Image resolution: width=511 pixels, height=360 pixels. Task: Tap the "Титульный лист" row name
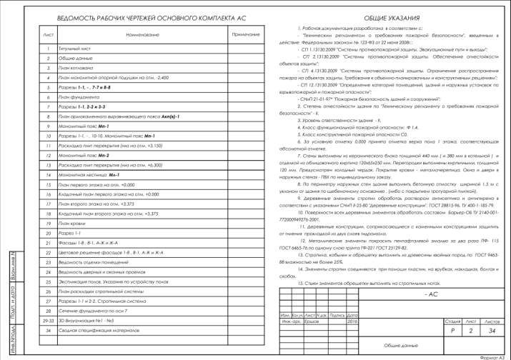pos(74,48)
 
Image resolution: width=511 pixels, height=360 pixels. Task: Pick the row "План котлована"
pos(74,66)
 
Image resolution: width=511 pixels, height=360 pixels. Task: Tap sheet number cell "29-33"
pos(48,321)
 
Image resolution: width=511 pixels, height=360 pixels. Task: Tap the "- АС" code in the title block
pos(431,294)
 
